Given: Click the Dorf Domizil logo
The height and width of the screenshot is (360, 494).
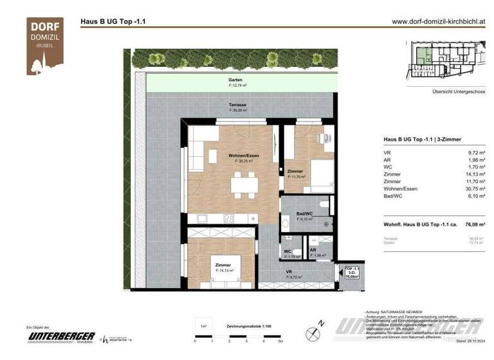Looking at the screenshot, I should pyautogui.click(x=44, y=46).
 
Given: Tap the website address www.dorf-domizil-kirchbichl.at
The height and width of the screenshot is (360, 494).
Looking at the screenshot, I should pyautogui.click(x=437, y=21).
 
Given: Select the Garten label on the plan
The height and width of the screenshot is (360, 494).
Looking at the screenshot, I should pyautogui.click(x=235, y=80).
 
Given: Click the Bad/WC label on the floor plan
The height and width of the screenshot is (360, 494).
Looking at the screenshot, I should pyautogui.click(x=304, y=214).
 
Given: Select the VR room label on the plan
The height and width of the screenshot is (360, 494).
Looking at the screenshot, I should pyautogui.click(x=289, y=273).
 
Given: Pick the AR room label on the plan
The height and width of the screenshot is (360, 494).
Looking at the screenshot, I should pyautogui.click(x=313, y=251).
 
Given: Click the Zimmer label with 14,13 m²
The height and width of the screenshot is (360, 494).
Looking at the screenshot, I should pyautogui.click(x=223, y=265).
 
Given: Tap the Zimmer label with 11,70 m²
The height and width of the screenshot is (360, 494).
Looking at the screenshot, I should pyautogui.click(x=295, y=172).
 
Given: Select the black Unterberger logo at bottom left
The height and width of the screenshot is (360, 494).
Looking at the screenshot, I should pyautogui.click(x=61, y=337).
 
